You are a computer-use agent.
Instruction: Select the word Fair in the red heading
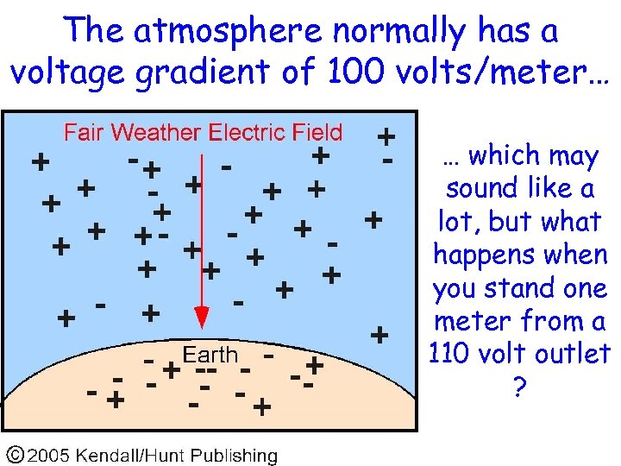click(84, 133)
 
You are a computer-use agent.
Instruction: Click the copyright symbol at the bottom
click(16, 455)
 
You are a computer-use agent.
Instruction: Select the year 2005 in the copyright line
click(51, 455)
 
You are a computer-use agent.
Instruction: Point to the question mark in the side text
click(518, 387)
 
